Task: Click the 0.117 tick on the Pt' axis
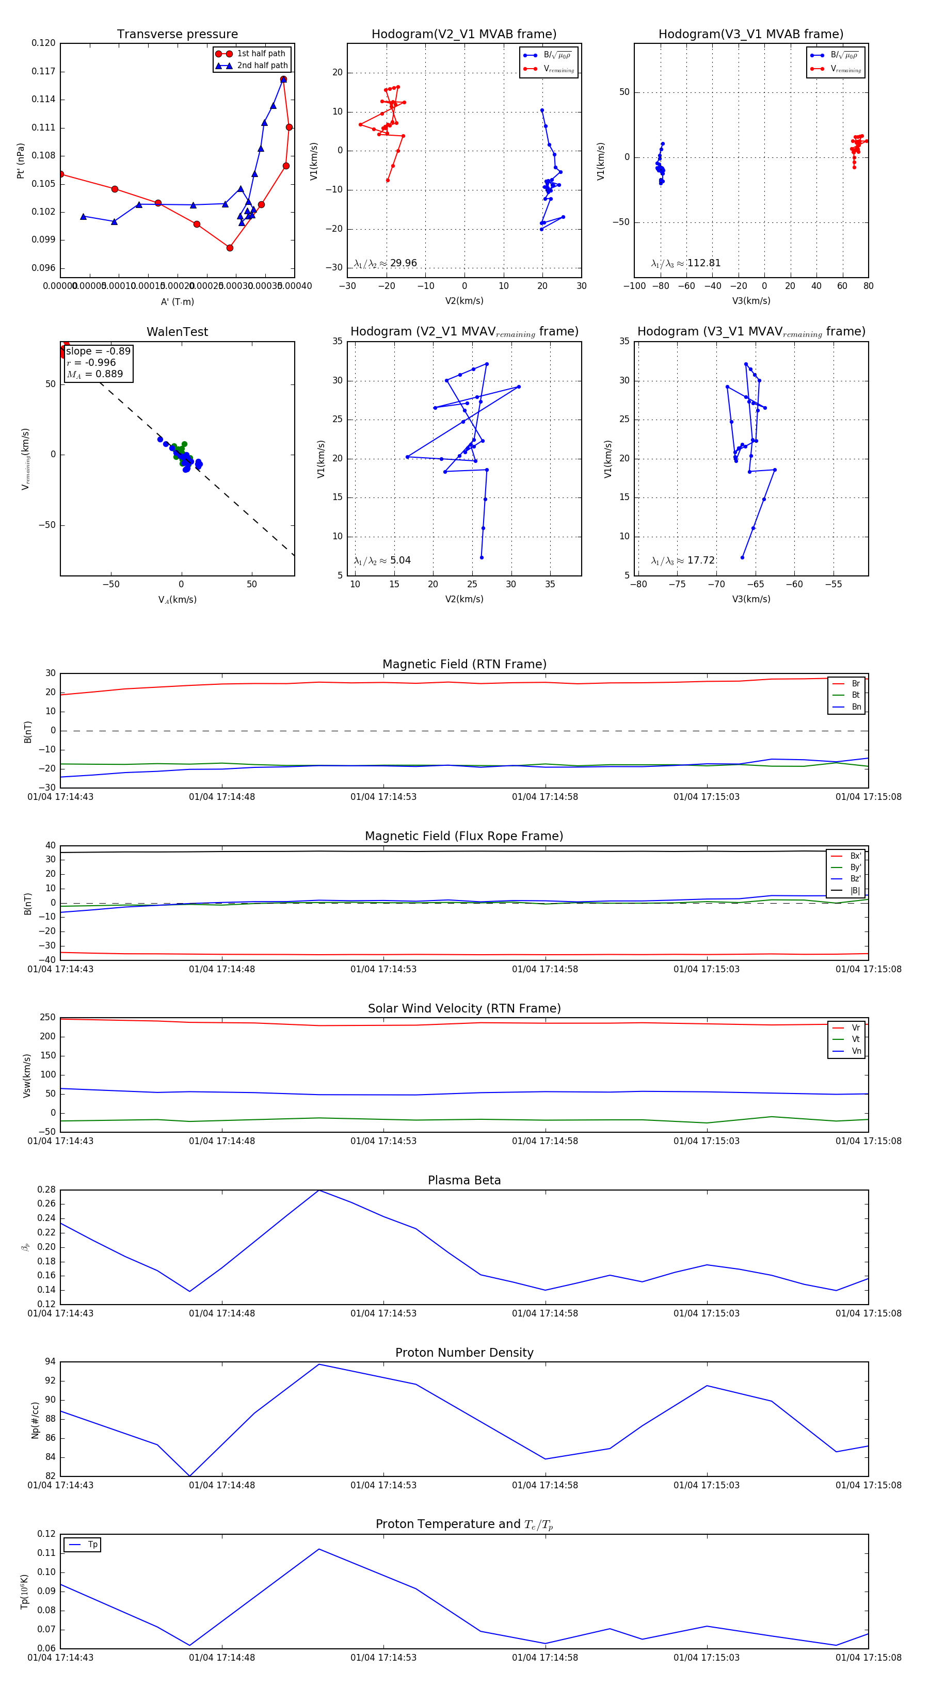(44, 71)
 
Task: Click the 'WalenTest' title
(177, 332)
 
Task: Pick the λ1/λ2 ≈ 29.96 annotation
(386, 263)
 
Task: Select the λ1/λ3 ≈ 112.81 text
(686, 263)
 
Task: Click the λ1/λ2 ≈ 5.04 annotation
(382, 560)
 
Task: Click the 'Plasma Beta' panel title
(464, 1181)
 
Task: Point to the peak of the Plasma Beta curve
(319, 1190)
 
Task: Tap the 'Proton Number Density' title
(464, 1353)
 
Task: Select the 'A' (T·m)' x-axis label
(177, 301)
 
